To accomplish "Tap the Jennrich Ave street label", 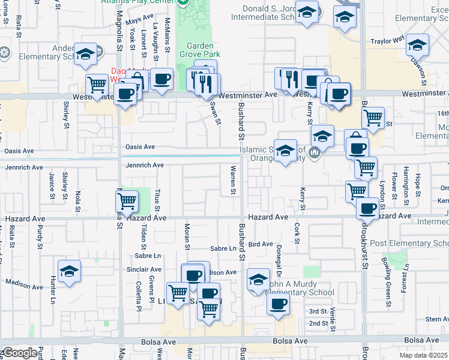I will (145, 165).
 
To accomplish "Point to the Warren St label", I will (232, 181).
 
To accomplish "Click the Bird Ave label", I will (261, 244).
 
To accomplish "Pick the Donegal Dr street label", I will (279, 259).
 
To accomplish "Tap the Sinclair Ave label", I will (144, 270).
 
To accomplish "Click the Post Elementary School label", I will (409, 243).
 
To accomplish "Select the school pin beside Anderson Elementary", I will (85, 53).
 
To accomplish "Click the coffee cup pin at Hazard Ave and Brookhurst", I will (367, 208).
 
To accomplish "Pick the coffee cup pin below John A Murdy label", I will (278, 304).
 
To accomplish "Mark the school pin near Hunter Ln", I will (69, 271).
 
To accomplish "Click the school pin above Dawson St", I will (417, 44).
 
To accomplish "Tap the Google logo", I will (20, 353).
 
